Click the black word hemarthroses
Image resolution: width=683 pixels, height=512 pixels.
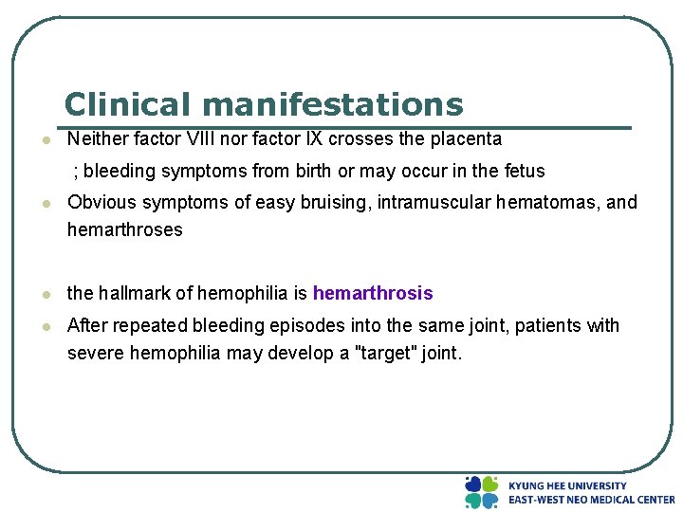[124, 229]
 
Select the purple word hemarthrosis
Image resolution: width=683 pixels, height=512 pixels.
[373, 293]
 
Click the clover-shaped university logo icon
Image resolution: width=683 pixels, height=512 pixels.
[481, 491]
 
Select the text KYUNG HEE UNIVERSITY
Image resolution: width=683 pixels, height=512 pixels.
[567, 485]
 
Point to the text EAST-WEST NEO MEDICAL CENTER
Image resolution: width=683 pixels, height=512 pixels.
[591, 499]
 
